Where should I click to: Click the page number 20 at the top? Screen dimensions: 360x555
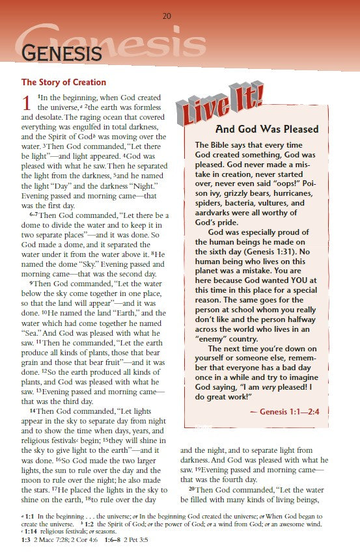point(167,16)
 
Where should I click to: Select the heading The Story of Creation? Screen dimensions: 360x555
point(64,83)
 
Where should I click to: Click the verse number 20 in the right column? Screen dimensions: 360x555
point(192,489)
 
